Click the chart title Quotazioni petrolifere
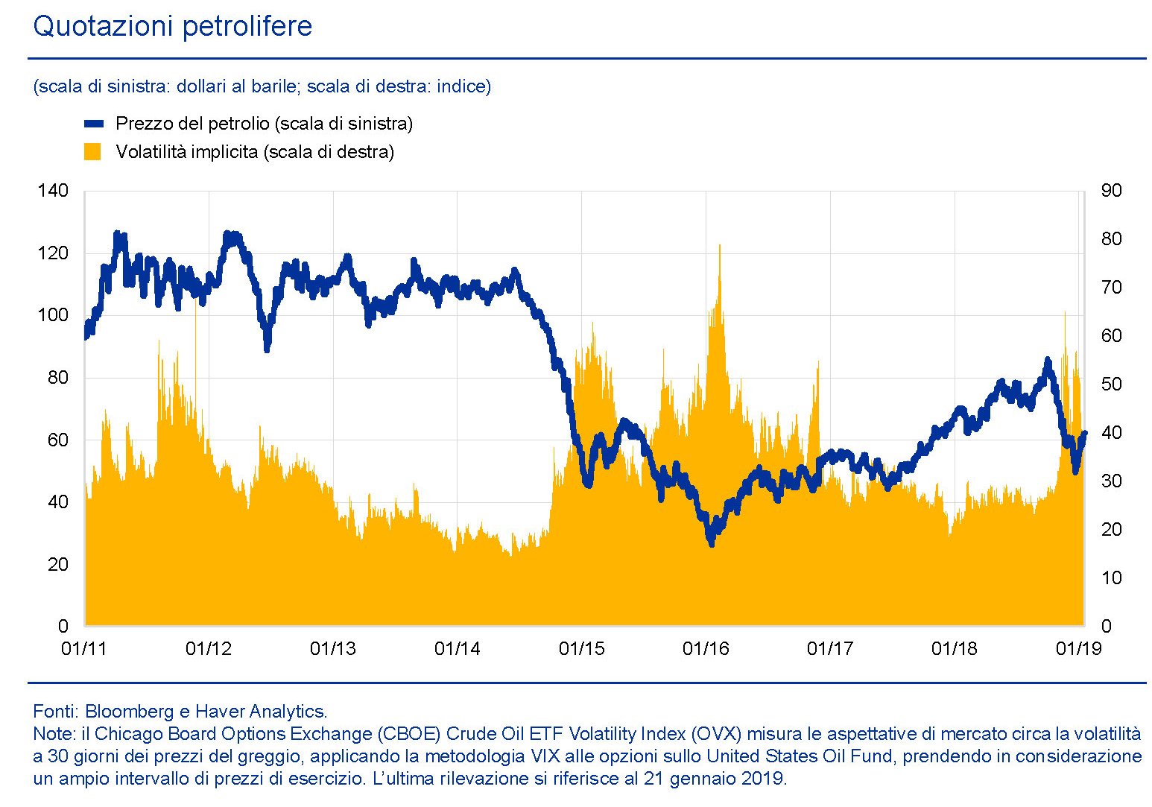(172, 27)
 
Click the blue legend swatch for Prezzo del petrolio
(94, 124)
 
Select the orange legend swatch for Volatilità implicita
(92, 152)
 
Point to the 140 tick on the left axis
(52, 191)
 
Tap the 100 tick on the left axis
(52, 315)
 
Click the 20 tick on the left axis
(57, 564)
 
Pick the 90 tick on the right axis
(1111, 191)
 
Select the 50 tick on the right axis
(1111, 384)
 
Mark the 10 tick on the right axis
(1111, 578)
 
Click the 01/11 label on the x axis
(83, 649)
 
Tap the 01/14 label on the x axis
(457, 649)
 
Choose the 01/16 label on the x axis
(706, 649)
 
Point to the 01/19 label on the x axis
(1078, 649)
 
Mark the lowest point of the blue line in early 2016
(712, 543)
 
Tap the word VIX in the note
(545, 756)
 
